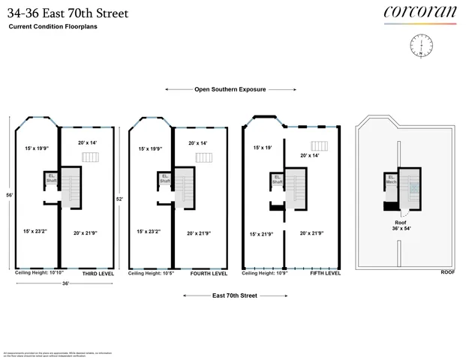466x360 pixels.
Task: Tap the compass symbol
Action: pyautogui.click(x=420, y=46)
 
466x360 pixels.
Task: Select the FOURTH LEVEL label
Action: pyautogui.click(x=209, y=274)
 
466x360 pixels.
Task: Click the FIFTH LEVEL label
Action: pyautogui.click(x=325, y=273)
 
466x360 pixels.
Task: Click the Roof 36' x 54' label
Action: pyautogui.click(x=405, y=226)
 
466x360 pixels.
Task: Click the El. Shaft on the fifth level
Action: pyautogui.click(x=277, y=180)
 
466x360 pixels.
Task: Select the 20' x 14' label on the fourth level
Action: pyautogui.click(x=198, y=142)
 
